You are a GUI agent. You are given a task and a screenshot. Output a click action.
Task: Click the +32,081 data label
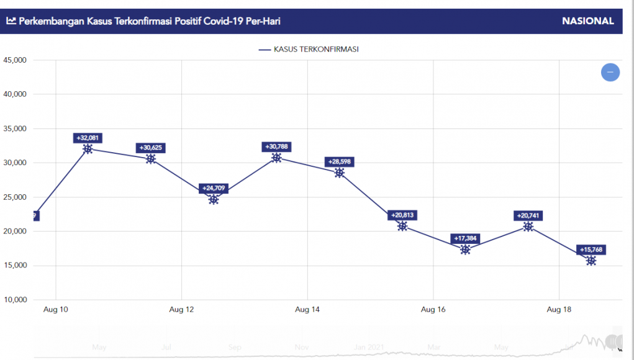coord(88,138)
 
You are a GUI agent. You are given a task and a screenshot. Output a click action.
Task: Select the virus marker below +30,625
coord(151,159)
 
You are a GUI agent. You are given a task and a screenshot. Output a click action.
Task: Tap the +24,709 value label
coord(214,188)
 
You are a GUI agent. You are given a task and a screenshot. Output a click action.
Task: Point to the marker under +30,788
coord(276,158)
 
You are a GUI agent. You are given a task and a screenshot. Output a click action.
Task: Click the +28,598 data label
coord(339,162)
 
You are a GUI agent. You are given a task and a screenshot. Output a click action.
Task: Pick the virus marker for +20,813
coord(402,226)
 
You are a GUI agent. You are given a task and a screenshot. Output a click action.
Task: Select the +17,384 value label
coord(465,239)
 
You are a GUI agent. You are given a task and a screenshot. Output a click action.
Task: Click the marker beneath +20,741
coord(528,227)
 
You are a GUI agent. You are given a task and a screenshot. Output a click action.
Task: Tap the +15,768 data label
coord(591,250)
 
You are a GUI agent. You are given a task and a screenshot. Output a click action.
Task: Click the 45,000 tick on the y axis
coord(15,60)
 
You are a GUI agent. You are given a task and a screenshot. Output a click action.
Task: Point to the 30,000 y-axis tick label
coord(15,163)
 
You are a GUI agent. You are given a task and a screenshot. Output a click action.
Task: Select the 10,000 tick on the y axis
coord(15,300)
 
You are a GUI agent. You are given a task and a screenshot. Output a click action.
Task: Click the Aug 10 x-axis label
coord(56,309)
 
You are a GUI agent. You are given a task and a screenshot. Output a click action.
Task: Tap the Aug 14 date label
coord(307,309)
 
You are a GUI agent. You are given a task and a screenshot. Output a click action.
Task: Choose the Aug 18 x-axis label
coord(559,309)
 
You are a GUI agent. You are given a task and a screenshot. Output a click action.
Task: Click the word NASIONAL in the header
coord(587,21)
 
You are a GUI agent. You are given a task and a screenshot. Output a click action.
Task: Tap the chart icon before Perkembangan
coord(11,21)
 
